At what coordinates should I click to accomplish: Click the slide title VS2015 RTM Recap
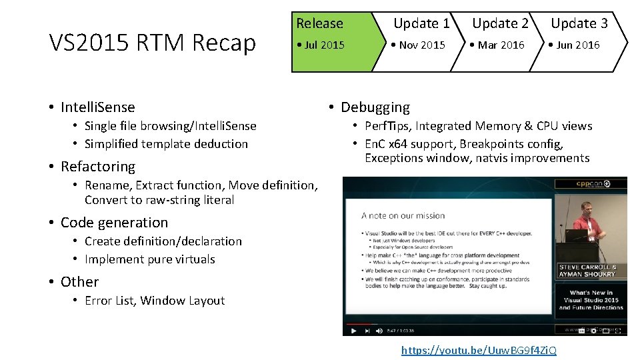point(153,43)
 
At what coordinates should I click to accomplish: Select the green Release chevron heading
point(319,23)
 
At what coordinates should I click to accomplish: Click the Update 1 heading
point(421,23)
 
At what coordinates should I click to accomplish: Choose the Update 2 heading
point(500,23)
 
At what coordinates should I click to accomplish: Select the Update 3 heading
point(579,23)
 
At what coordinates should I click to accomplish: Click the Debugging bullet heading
point(375,107)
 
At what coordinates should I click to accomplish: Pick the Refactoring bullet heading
point(97,167)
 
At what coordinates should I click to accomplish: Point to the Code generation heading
point(114,223)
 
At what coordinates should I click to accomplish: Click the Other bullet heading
point(79,282)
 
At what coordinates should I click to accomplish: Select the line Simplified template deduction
point(166,144)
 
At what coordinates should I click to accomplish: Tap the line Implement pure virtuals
point(149,259)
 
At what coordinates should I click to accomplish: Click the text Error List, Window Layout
point(155,301)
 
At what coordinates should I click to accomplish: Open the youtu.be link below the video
point(478,350)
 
